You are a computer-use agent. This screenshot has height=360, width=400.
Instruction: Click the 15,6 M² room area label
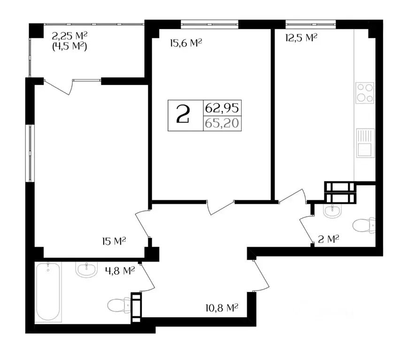pos(185,43)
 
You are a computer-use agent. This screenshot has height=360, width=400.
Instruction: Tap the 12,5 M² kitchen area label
pos(301,38)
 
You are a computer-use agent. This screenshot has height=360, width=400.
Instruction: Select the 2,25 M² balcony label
pos(70,35)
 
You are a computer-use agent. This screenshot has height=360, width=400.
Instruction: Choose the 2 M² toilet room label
pos(329,239)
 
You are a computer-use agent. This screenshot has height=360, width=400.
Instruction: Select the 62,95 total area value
pos(222,108)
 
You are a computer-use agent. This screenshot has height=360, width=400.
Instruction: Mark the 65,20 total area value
pos(222,124)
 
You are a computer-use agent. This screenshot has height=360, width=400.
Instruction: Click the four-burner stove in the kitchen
pos(364,92)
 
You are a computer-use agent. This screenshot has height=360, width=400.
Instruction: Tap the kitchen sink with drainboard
pos(364,143)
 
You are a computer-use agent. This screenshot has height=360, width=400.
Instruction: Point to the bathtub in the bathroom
pos(48,291)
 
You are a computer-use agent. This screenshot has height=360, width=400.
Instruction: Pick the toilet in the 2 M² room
pos(365,227)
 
